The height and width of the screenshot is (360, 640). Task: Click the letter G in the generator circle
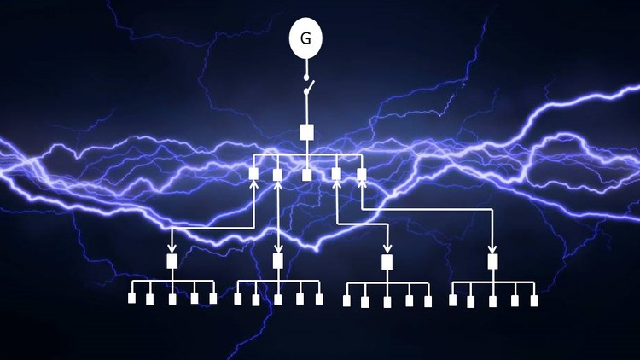point(305,38)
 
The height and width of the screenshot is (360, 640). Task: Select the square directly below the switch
point(307,132)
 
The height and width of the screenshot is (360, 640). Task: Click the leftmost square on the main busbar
point(253,174)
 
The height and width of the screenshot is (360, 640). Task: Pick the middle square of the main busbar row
point(307,175)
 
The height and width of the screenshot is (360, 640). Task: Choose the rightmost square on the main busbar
point(362,174)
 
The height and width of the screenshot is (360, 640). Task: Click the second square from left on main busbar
point(277,175)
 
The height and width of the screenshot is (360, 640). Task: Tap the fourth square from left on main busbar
point(337,174)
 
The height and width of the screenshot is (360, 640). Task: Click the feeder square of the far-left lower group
point(172,261)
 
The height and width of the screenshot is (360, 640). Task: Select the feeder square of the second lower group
point(277,261)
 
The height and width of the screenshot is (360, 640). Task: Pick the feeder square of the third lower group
point(387,262)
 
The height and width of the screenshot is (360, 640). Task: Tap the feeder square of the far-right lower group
point(492,261)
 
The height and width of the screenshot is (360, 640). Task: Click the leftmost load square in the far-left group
point(132,299)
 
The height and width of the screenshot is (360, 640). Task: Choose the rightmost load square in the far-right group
point(534,300)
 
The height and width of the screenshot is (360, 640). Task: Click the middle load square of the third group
point(387,301)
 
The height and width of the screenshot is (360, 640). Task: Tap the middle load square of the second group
point(277,299)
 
